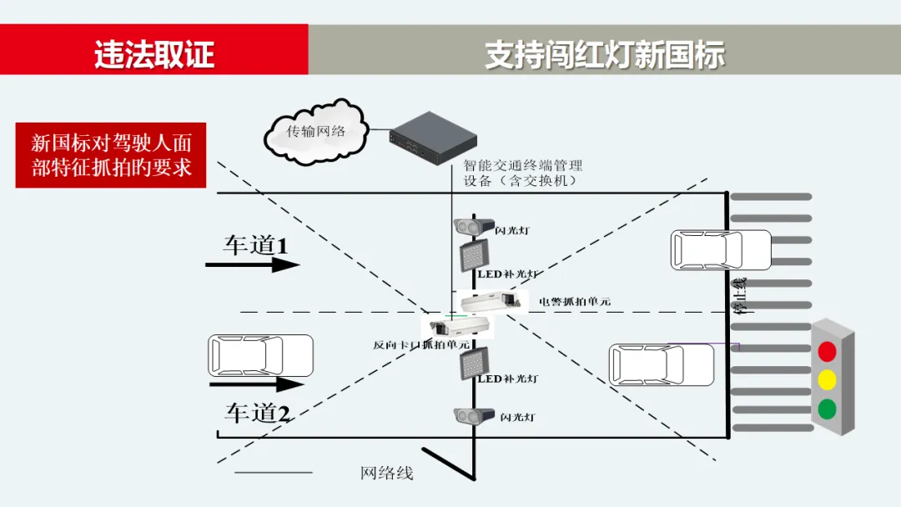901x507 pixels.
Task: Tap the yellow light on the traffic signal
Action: point(827,379)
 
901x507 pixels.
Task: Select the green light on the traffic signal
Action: point(827,409)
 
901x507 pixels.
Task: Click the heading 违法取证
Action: point(154,54)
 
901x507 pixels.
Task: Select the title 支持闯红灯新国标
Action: point(605,54)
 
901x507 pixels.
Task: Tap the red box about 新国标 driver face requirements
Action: point(110,155)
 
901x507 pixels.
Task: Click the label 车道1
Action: point(254,245)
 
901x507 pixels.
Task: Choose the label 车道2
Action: point(257,412)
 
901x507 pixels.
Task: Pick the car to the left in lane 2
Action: point(260,356)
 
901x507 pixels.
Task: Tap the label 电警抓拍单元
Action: point(574,301)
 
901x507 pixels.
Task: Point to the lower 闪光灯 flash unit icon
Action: point(470,415)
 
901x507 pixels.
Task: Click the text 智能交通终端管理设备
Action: point(522,173)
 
